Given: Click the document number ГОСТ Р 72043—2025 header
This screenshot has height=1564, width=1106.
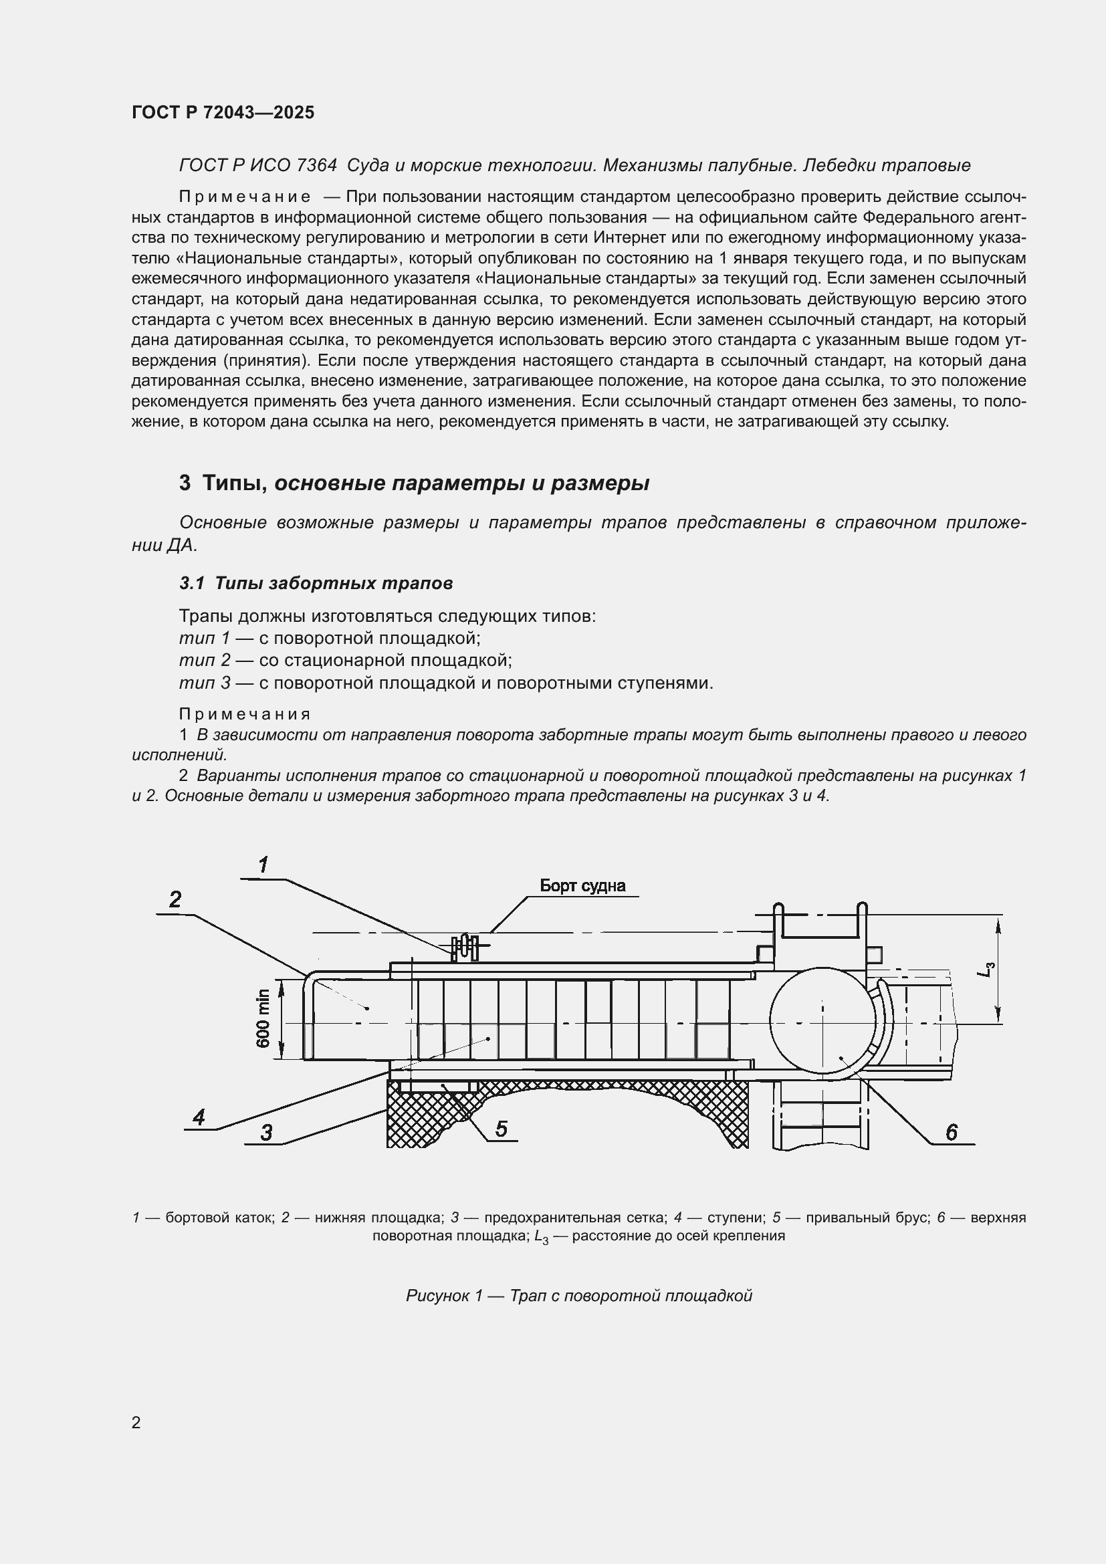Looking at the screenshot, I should (223, 113).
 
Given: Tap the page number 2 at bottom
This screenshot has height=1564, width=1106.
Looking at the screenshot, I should (136, 1422).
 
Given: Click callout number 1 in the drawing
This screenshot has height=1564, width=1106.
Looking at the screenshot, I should (263, 865).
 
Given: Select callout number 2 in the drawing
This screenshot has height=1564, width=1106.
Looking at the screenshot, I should (175, 900).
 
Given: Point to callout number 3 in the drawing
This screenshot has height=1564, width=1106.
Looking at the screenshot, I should (266, 1133).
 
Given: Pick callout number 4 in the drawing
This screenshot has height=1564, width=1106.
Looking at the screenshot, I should (199, 1117).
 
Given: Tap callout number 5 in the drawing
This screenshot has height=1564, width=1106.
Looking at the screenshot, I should (502, 1129).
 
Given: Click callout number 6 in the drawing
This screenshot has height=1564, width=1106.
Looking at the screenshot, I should (952, 1132).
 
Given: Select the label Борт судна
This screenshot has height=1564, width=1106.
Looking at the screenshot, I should (582, 885).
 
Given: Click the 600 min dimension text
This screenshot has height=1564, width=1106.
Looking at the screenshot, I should (263, 1019).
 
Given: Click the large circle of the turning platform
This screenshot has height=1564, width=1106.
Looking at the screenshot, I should (822, 1022).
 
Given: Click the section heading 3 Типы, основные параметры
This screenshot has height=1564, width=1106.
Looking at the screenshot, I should (413, 483).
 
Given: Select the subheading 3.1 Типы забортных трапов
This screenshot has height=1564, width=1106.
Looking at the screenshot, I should (316, 583).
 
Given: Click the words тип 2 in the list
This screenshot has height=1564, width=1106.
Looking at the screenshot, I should (205, 660).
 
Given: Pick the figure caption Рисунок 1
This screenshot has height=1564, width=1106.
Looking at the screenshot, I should (579, 1296).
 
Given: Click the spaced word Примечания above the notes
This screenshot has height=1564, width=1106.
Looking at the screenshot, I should (245, 714).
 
